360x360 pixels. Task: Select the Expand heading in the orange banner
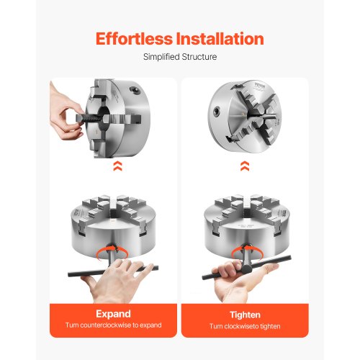tap(113, 314)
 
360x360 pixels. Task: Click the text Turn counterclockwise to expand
tap(113, 326)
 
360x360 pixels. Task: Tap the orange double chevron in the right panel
tap(246, 166)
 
